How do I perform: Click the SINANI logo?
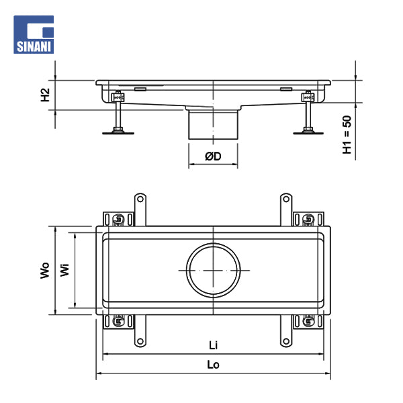(x=34, y=34)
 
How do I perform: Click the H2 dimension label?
(x=45, y=95)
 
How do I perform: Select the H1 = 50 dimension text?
(x=347, y=135)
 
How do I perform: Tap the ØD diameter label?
(x=213, y=156)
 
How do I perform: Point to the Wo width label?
(x=45, y=271)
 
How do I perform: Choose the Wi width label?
(x=64, y=270)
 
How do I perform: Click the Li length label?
(x=213, y=345)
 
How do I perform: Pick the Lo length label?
(x=213, y=365)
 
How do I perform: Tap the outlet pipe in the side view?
(x=213, y=124)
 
